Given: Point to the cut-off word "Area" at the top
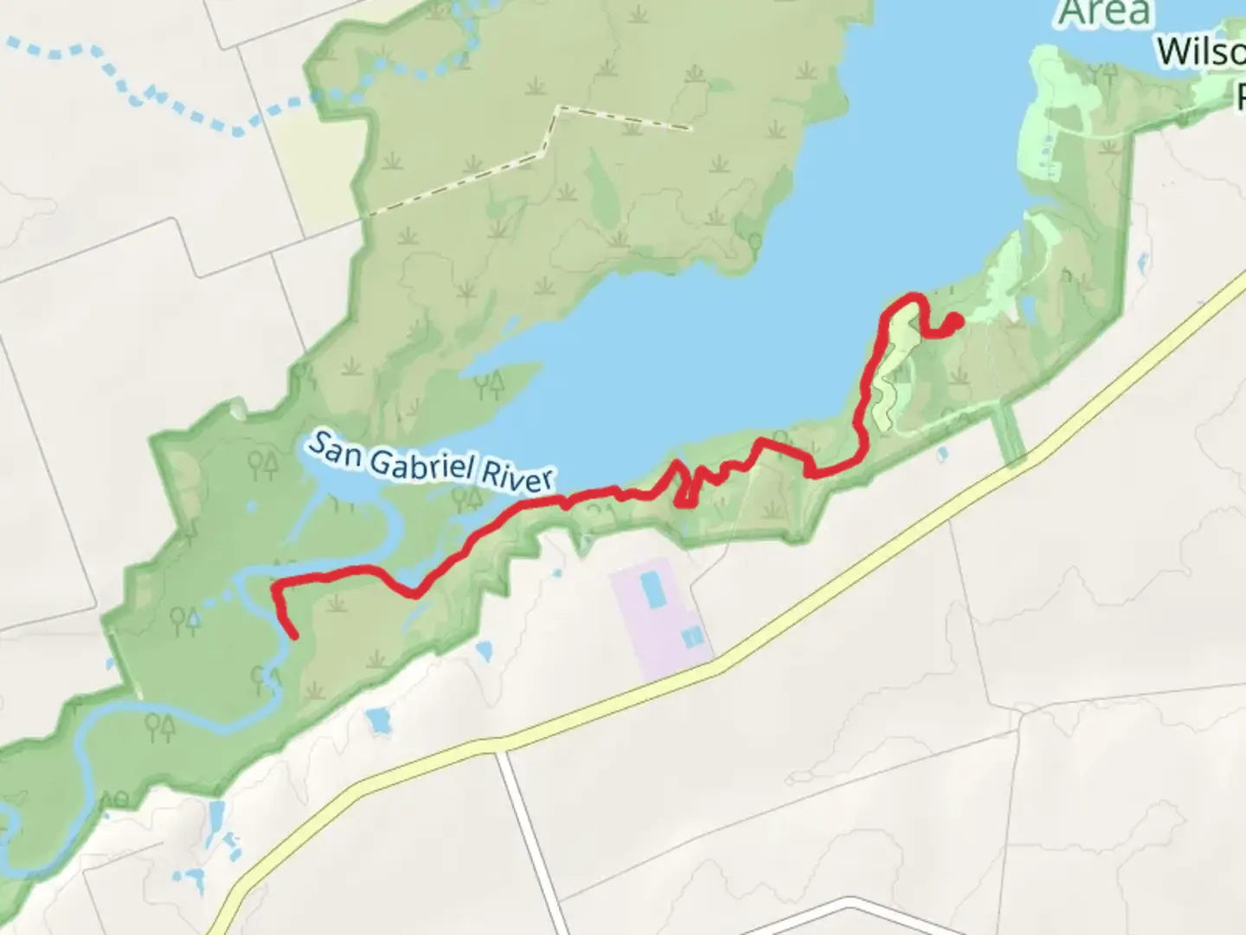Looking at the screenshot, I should point(1106,12).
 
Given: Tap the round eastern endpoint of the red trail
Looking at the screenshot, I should point(955,321).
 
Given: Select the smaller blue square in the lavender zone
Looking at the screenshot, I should point(691,638).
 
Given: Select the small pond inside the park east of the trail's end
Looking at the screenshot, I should point(1028,307).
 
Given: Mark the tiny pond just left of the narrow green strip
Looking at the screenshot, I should point(941,451).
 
